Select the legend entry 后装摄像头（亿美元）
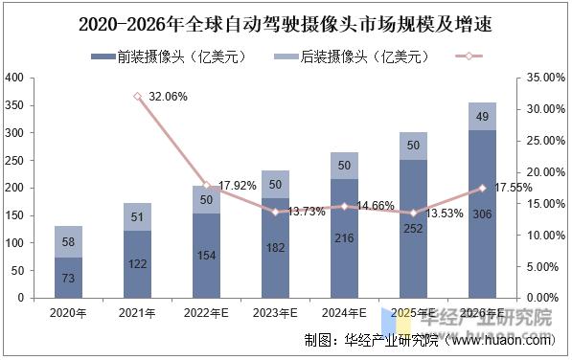point(351,56)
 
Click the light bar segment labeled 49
point(482,116)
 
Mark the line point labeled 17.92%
point(205,185)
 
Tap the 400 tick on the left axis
point(15,78)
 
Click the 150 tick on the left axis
point(15,215)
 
